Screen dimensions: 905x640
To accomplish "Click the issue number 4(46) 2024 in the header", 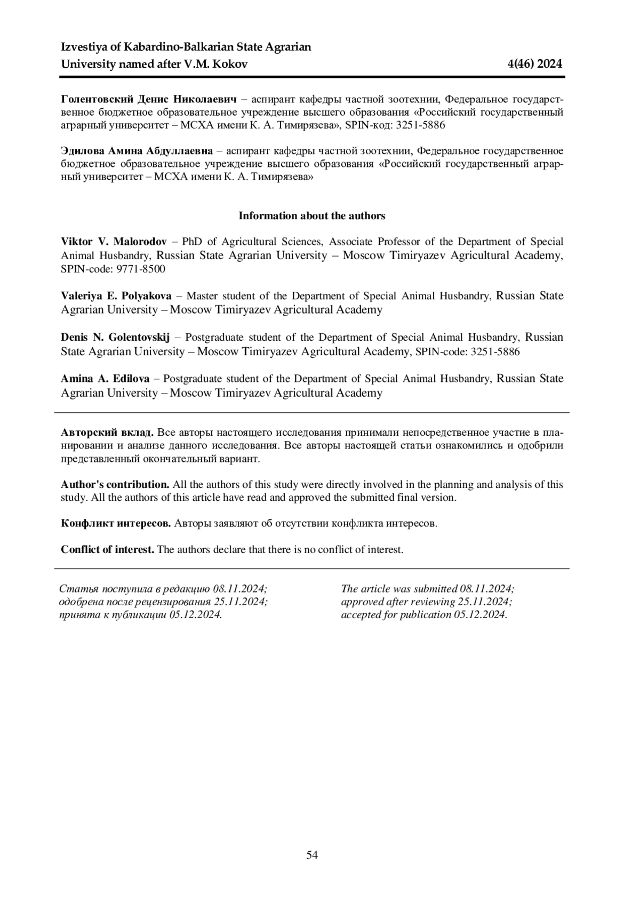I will (535, 65).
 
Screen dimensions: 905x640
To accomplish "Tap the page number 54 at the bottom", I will (312, 855).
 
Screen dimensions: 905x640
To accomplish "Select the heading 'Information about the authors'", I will (312, 216).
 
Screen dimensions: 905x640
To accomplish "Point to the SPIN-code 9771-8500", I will (141, 269).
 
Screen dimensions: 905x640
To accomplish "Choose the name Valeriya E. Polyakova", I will (116, 296).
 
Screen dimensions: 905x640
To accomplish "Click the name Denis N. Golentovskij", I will (115, 338).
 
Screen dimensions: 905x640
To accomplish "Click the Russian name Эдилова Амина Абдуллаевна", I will (137, 151).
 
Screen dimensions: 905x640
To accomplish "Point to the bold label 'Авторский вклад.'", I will (108, 431).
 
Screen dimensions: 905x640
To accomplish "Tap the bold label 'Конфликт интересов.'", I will (116, 523).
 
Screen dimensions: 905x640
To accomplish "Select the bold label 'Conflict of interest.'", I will (108, 549).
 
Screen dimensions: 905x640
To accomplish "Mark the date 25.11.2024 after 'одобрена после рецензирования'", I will (241, 602).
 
